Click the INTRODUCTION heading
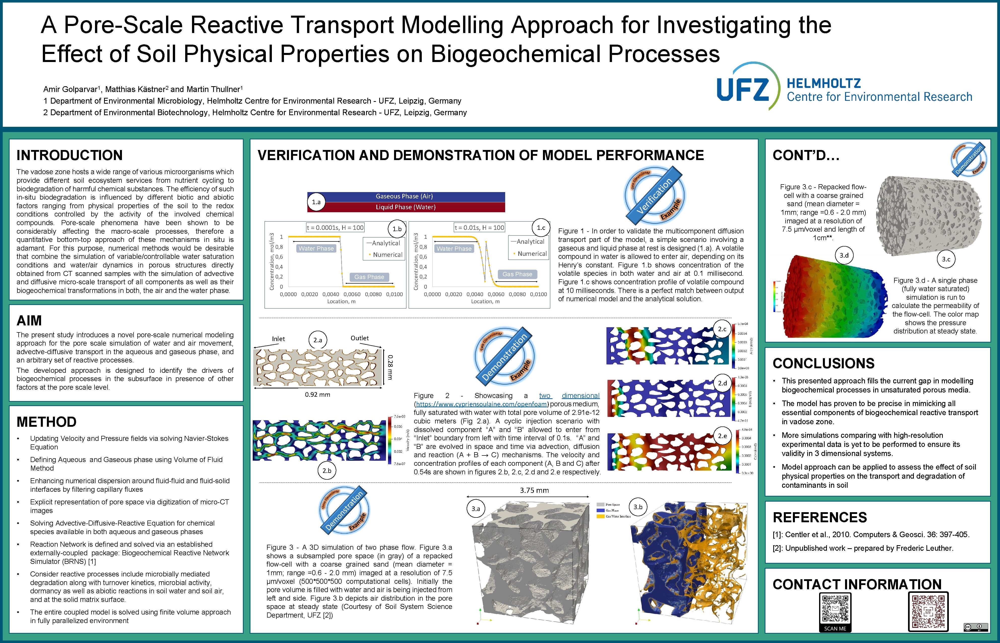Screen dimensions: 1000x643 [x=69, y=155]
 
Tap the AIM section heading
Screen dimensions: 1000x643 [x=29, y=321]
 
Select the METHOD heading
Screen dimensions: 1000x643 [x=46, y=422]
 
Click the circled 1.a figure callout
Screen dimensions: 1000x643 [x=316, y=202]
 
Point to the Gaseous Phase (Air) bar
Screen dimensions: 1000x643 [x=404, y=196]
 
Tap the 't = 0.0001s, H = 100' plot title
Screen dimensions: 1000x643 [x=335, y=228]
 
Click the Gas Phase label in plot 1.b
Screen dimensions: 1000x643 [x=369, y=277]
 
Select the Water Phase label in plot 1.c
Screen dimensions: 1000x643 [x=454, y=249]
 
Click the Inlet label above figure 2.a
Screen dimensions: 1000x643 [x=278, y=339]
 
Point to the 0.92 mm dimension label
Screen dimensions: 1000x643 [x=317, y=394]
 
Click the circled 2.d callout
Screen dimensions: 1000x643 [x=722, y=383]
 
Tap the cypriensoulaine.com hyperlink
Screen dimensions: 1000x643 [x=481, y=404]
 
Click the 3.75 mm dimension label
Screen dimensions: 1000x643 [x=534, y=490]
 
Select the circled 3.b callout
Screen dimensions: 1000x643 [x=638, y=507]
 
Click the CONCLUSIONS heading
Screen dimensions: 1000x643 [x=823, y=363]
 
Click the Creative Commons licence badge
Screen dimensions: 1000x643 [x=975, y=627]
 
